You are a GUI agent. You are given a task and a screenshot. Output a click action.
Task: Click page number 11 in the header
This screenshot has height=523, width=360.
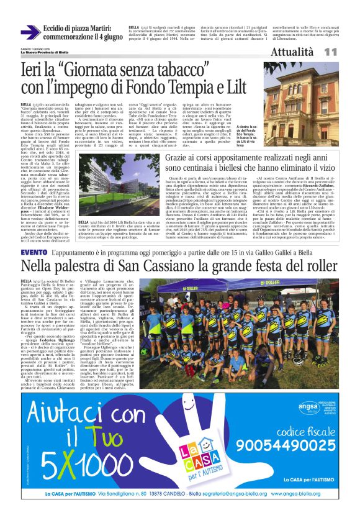330,52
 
